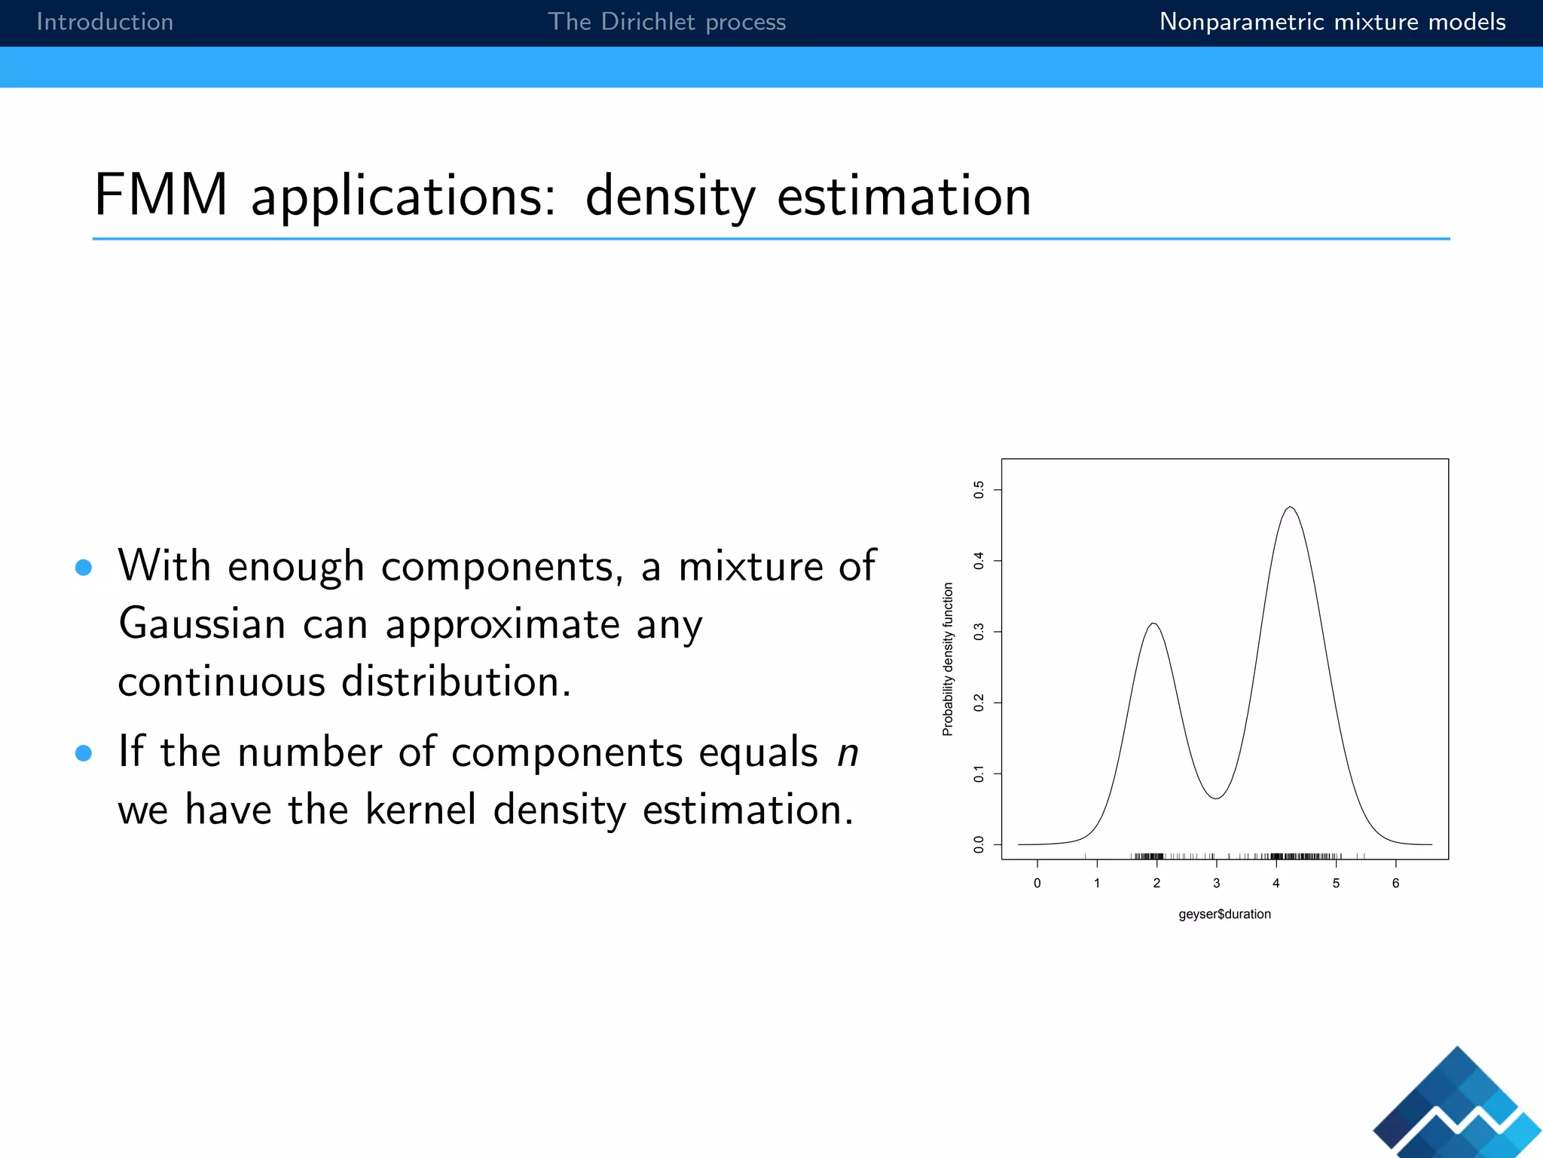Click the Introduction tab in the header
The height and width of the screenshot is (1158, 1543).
pyautogui.click(x=105, y=22)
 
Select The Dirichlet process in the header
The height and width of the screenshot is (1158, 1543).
pyautogui.click(x=666, y=22)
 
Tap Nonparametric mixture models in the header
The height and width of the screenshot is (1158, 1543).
pyautogui.click(x=1332, y=22)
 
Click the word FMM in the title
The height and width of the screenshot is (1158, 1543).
pyautogui.click(x=160, y=195)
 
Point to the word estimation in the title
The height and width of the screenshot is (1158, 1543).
pyautogui.click(x=903, y=196)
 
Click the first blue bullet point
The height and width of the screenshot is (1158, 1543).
pyautogui.click(x=84, y=568)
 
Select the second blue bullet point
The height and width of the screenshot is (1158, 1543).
pyautogui.click(x=84, y=753)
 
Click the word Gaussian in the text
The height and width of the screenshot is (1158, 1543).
pyautogui.click(x=202, y=624)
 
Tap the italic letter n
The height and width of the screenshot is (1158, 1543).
pyautogui.click(x=848, y=753)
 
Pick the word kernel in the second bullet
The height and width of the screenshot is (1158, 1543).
pyautogui.click(x=420, y=810)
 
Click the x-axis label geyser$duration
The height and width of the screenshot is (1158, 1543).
pyautogui.click(x=1224, y=914)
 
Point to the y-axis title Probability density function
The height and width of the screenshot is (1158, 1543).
pyautogui.click(x=948, y=659)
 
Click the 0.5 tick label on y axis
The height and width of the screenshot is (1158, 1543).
pyautogui.click(x=979, y=490)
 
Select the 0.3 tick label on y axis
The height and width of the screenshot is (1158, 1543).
pyautogui.click(x=979, y=632)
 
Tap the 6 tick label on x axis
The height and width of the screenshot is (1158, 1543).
pyautogui.click(x=1395, y=884)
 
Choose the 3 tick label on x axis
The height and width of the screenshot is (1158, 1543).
pyautogui.click(x=1216, y=884)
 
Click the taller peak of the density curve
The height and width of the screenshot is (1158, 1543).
pyautogui.click(x=1291, y=507)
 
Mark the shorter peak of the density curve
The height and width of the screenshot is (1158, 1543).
pyautogui.click(x=1153, y=624)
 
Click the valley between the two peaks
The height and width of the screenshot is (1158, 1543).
pyautogui.click(x=1216, y=798)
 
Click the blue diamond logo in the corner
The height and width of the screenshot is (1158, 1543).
pyautogui.click(x=1458, y=1105)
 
